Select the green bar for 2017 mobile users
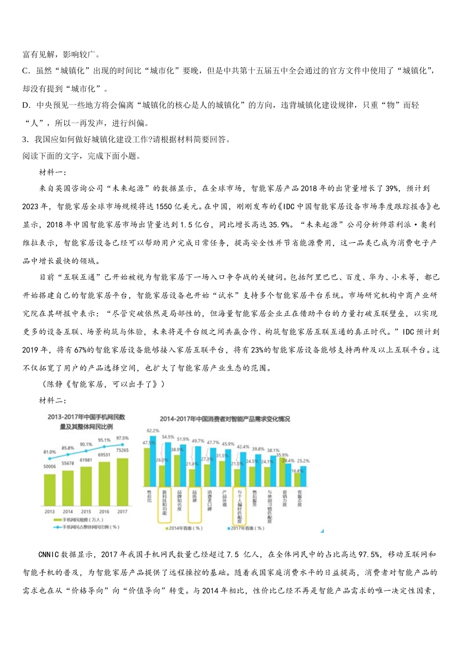(x=123, y=482)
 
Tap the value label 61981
(x=86, y=460)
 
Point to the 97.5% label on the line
(x=123, y=438)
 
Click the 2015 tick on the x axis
(x=86, y=511)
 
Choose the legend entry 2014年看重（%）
(x=185, y=528)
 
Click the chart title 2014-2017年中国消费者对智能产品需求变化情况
(x=225, y=418)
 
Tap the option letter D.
(x=26, y=105)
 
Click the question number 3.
(x=25, y=140)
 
